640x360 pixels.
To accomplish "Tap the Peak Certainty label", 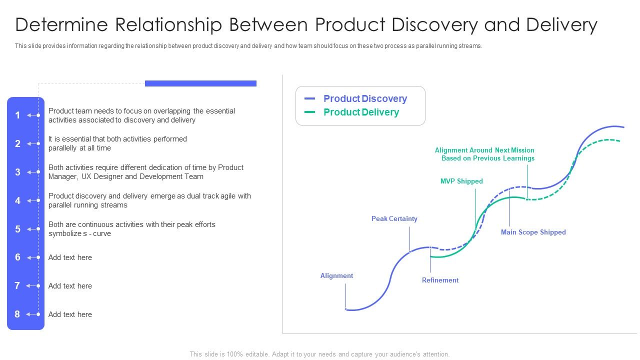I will pyautogui.click(x=394, y=218).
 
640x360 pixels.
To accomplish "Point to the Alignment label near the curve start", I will pyautogui.click(x=336, y=275).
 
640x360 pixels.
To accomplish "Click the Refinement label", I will pyautogui.click(x=440, y=280).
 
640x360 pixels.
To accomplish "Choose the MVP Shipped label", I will pyautogui.click(x=461, y=181).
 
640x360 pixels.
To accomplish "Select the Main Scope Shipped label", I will pyautogui.click(x=533, y=232).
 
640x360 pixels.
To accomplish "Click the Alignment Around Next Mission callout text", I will pyautogui.click(x=484, y=154).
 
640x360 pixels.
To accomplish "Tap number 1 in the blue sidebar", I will pyautogui.click(x=17, y=115).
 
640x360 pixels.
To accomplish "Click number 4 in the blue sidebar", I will pyautogui.click(x=17, y=200).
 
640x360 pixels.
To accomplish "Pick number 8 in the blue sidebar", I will pyautogui.click(x=17, y=314).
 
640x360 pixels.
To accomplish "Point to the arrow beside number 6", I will pyautogui.click(x=32, y=257).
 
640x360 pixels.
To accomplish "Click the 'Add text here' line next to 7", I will pyautogui.click(x=70, y=286).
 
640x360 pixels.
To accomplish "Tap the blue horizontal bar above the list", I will pyautogui.click(x=200, y=83).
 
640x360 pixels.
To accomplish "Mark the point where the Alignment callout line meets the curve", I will pyautogui.click(x=346, y=309).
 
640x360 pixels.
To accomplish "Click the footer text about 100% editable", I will pyautogui.click(x=319, y=354).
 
